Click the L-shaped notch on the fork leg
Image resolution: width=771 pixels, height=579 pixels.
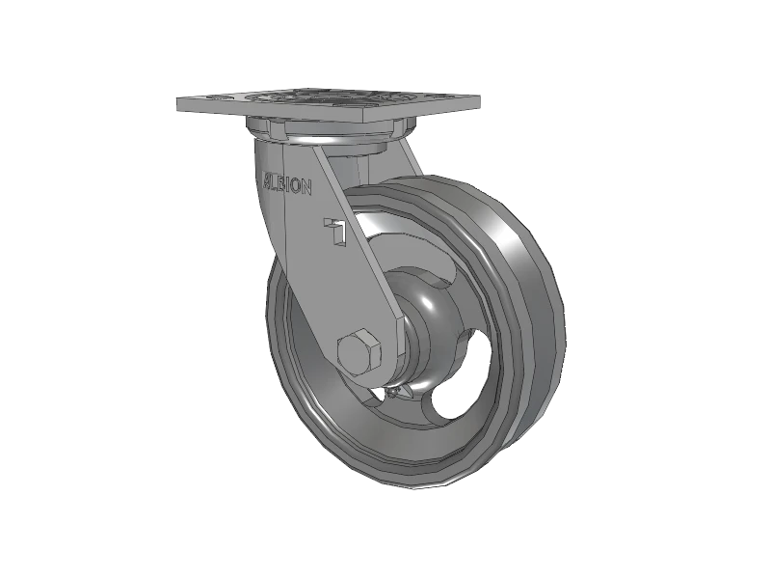336,232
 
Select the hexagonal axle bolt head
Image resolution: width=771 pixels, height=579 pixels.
361,351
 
